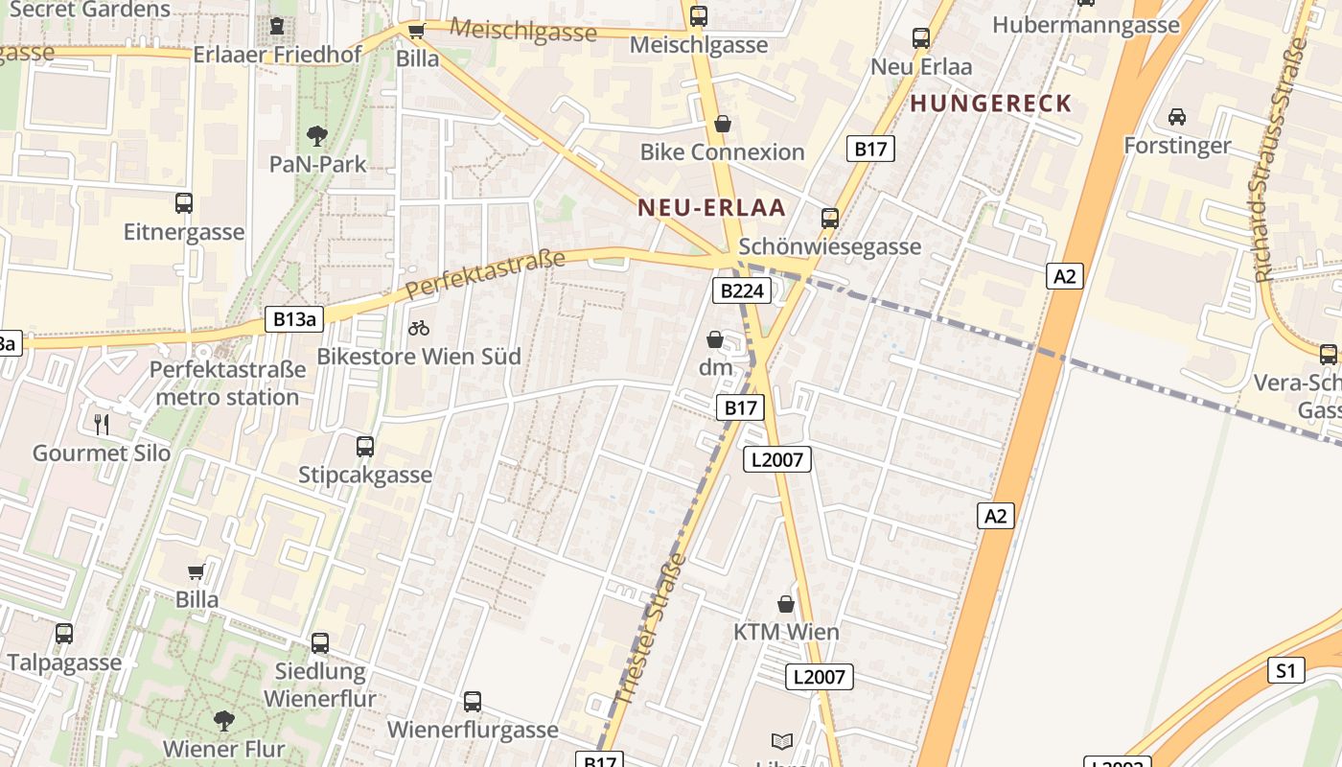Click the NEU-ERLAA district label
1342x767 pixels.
(x=711, y=208)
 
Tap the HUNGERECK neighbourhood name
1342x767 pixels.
(x=990, y=104)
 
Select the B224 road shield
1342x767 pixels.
(x=741, y=291)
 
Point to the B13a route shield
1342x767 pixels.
(x=294, y=319)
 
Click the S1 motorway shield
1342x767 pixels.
(x=1285, y=670)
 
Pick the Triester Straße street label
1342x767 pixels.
(x=652, y=628)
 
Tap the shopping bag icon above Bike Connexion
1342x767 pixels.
(x=723, y=125)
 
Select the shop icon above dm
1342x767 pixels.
(x=715, y=339)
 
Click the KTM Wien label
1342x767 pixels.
(x=786, y=632)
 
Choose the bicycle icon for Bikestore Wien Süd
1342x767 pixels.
(x=419, y=328)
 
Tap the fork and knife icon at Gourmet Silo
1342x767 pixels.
(x=102, y=424)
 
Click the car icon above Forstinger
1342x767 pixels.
(x=1176, y=117)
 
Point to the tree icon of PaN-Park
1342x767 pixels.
(x=316, y=136)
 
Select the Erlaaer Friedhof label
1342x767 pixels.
(x=277, y=55)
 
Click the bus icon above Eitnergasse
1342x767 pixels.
(x=184, y=203)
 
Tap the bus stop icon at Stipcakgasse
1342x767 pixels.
(x=365, y=446)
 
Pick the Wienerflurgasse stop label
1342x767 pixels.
(x=473, y=730)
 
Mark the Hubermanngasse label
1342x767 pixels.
(x=1086, y=25)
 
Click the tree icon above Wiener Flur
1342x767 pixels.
(x=224, y=720)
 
